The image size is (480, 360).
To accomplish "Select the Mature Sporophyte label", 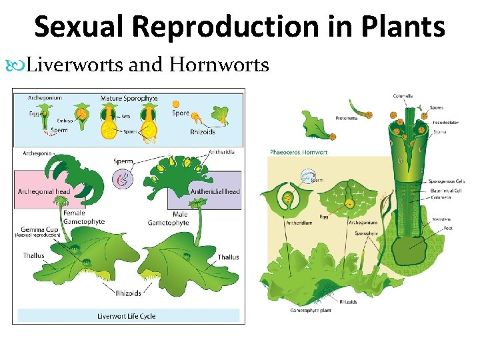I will (129, 98).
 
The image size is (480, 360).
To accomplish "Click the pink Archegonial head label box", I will (43, 191).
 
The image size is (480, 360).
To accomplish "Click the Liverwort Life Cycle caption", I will (127, 316).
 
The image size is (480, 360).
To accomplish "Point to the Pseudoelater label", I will (445, 123).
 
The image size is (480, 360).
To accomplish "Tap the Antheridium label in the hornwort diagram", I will (297, 223).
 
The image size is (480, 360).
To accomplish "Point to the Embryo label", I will (65, 121).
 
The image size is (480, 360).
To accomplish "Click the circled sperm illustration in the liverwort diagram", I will (123, 178).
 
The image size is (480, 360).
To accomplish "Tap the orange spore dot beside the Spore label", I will (176, 104).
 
